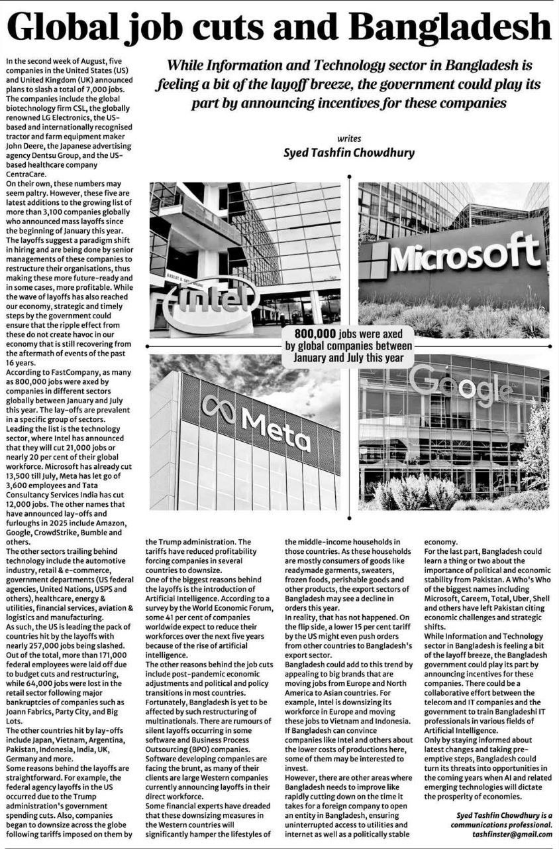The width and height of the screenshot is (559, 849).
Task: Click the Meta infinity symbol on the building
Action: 219,407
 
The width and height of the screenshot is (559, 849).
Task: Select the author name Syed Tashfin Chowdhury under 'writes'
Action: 349,153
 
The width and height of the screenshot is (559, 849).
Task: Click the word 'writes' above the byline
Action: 349,139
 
